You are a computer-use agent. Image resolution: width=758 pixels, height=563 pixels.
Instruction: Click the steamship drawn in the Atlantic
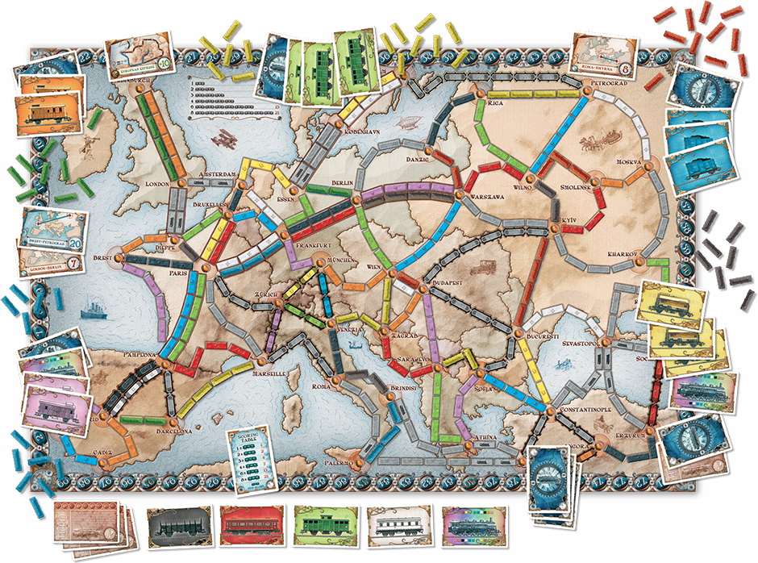(89, 310)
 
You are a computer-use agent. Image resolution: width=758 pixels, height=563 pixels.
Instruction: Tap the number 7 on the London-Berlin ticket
(73, 265)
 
